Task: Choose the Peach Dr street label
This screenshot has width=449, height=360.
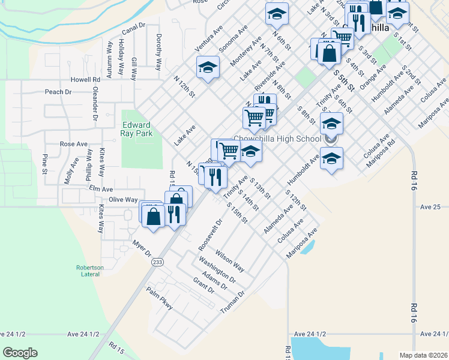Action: [x=58, y=92]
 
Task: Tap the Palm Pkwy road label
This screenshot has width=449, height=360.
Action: [x=160, y=298]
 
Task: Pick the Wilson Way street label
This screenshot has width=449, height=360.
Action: [x=230, y=262]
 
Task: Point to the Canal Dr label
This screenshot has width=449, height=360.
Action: [x=133, y=29]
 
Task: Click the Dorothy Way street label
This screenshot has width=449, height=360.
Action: [x=159, y=53]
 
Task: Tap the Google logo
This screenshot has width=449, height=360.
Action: [x=20, y=352]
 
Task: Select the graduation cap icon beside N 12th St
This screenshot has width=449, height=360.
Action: [x=208, y=68]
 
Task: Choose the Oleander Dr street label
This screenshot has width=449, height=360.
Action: [x=94, y=106]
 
